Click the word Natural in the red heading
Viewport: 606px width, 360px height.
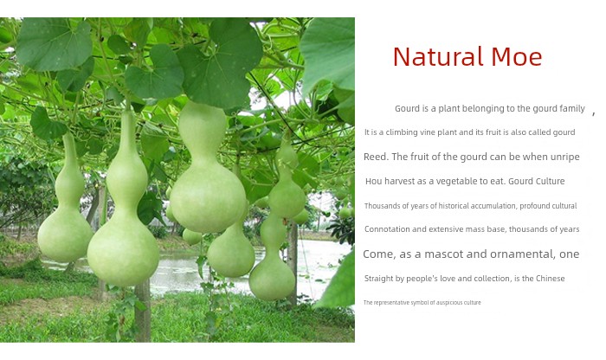438,57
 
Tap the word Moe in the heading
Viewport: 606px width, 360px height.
517,57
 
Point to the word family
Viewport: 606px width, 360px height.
571,109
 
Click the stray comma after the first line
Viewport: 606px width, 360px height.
594,113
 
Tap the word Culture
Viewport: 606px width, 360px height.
551,181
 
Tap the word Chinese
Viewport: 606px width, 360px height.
551,279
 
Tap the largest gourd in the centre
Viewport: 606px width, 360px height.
207,170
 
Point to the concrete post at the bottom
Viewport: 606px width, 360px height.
143,310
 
